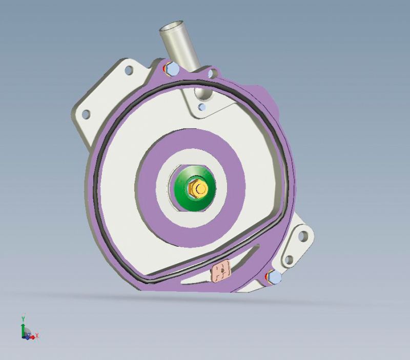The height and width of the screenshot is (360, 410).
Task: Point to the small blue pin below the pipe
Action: (x=203, y=107)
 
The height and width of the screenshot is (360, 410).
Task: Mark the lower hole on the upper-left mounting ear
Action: (x=86, y=113)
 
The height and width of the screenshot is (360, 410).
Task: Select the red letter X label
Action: (x=37, y=336)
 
